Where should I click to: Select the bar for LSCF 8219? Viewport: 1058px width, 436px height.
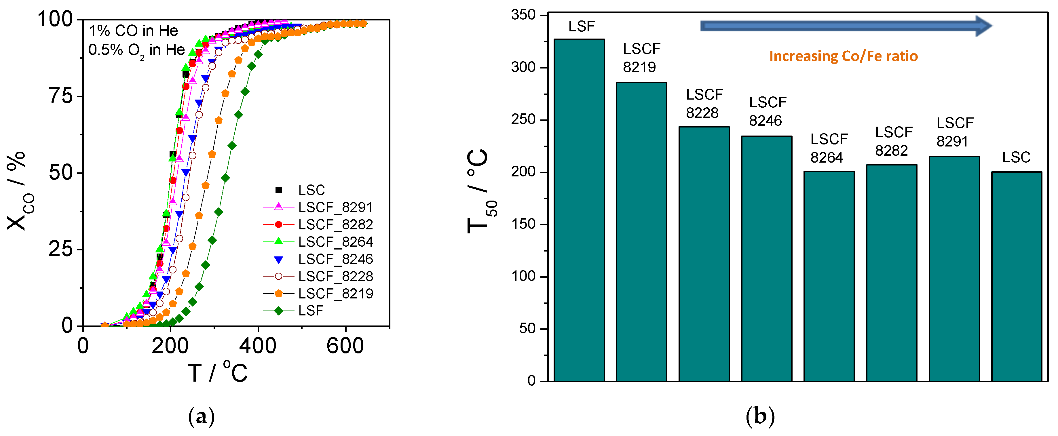point(641,232)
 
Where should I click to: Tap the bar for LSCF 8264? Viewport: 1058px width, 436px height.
point(829,276)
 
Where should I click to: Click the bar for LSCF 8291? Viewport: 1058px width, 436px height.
point(954,269)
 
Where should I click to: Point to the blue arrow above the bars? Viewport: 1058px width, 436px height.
point(846,26)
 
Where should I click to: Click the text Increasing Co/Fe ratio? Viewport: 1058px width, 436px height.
point(843,56)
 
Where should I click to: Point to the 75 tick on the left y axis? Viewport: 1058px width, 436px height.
point(60,96)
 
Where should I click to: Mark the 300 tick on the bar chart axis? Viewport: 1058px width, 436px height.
point(524,67)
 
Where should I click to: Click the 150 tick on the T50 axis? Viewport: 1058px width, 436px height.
point(524,224)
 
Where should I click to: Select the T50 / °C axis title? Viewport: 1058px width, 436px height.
point(480,191)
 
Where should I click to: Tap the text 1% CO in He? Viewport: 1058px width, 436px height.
point(134,31)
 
